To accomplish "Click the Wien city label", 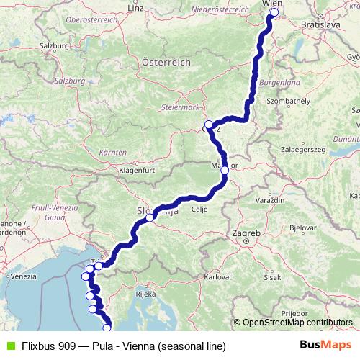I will click(273, 4).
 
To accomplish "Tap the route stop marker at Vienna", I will click(274, 12).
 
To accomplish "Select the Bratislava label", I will click(321, 24).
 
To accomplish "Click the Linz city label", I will click(135, 8).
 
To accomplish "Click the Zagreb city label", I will click(246, 233).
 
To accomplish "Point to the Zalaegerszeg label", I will click(303, 148).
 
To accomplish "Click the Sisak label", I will click(272, 276).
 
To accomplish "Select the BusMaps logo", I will click(326, 345).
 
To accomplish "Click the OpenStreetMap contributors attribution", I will click(297, 323).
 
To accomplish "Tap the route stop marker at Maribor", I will click(225, 171).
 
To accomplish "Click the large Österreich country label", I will click(166, 63).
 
